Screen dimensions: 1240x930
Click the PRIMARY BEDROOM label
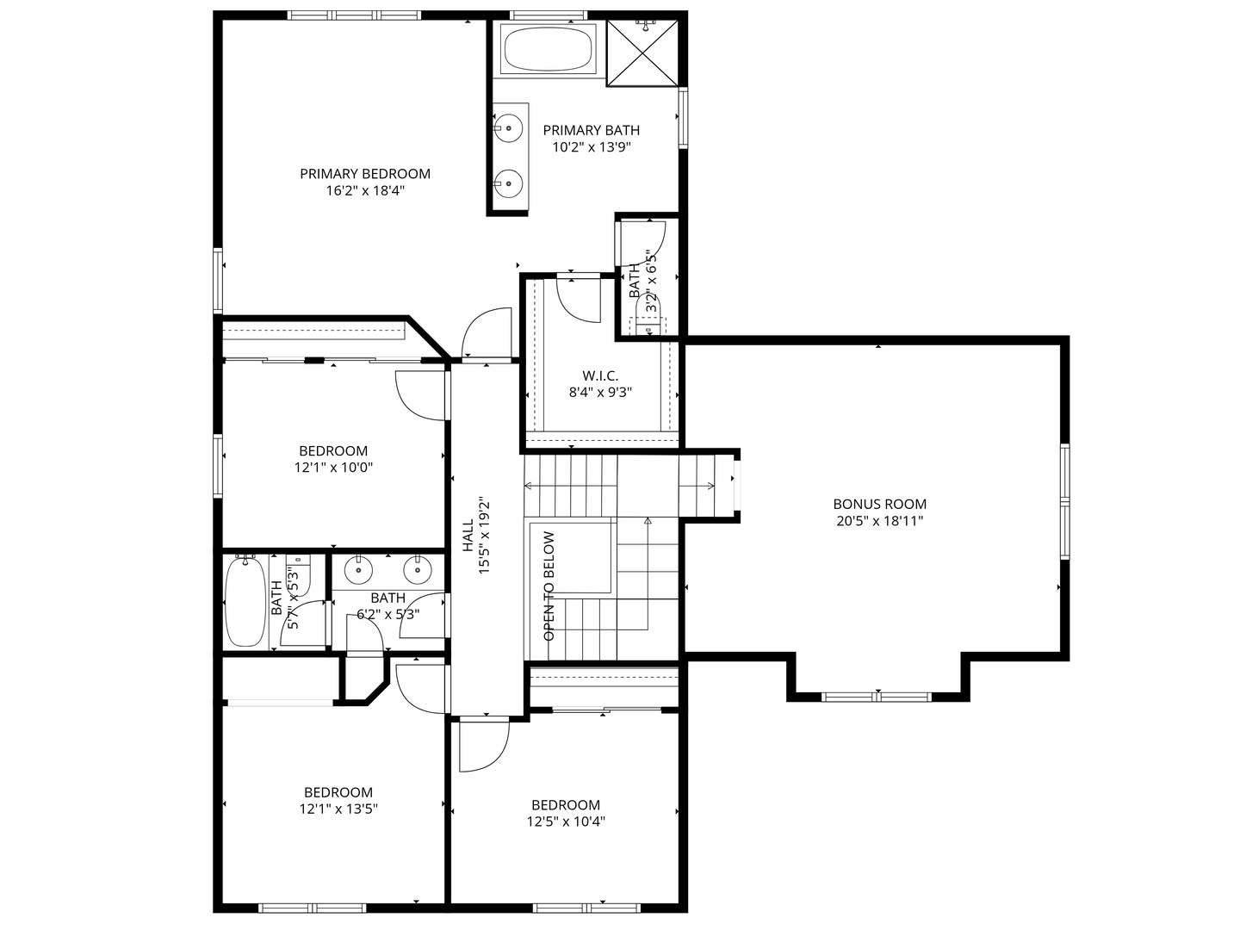[365, 174]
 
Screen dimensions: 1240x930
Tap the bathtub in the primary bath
[548, 49]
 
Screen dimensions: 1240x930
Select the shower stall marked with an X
[642, 53]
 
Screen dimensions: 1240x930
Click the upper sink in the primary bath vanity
[508, 128]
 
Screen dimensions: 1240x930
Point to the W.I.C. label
[600, 375]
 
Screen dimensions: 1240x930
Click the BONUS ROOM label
[879, 504]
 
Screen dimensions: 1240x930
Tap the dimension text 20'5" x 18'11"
[879, 521]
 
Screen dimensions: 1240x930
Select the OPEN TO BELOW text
[549, 586]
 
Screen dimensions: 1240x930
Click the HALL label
[468, 536]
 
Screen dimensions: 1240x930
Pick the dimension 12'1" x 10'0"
[333, 468]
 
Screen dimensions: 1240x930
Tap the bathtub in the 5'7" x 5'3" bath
[245, 602]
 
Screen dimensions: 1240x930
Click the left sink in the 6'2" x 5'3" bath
[358, 570]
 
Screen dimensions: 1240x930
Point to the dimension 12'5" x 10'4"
[566, 821]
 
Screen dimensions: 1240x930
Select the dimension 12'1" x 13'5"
[338, 809]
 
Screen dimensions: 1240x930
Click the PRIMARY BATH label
[592, 130]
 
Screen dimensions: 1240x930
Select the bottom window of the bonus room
[877, 697]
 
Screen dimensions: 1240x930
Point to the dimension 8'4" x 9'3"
[600, 392]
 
